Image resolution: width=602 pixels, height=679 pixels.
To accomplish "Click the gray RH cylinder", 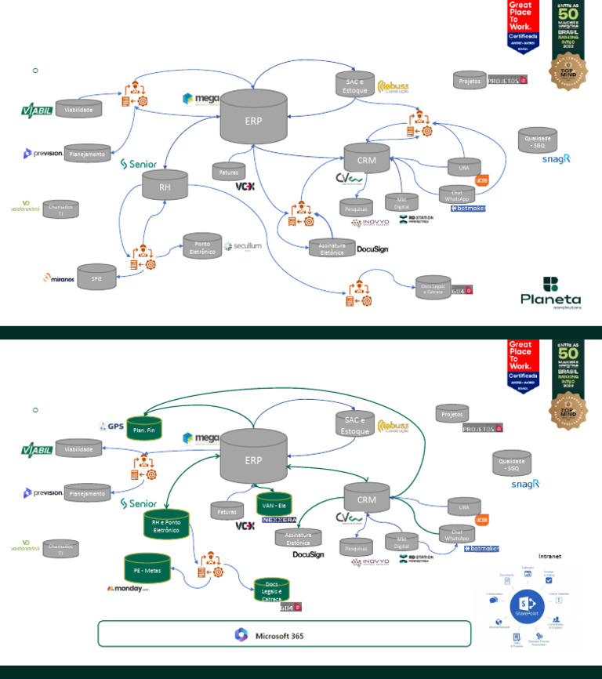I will click(165, 187).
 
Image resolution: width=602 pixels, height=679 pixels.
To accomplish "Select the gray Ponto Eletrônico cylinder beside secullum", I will click(202, 245).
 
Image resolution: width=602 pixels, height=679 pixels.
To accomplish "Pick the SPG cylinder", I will click(96, 277).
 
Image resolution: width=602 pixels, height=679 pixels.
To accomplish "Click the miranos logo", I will click(60, 278).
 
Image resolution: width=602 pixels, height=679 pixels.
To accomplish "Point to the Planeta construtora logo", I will click(550, 292).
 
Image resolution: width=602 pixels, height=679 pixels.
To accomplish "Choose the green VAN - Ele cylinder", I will click(274, 503).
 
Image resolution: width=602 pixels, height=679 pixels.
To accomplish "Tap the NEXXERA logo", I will click(277, 519).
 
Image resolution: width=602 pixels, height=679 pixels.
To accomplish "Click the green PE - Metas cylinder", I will click(147, 567).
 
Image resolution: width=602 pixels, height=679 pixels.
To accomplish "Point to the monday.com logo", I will click(128, 588).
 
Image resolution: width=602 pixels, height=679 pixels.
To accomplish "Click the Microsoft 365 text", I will click(280, 635).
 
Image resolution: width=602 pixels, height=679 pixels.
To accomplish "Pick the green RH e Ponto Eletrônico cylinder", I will click(167, 525).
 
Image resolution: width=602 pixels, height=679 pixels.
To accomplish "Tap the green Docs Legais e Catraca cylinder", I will click(273, 590).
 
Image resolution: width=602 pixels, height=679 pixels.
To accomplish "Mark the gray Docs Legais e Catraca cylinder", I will click(433, 287).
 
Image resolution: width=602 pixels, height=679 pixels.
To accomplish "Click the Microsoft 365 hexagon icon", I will click(241, 635).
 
